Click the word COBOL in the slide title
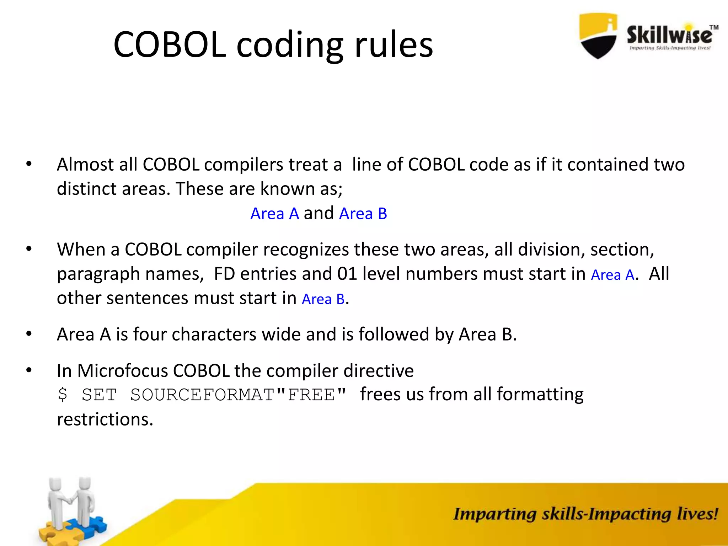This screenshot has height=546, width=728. tap(170, 45)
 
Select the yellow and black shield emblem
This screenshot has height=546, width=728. tap(598, 36)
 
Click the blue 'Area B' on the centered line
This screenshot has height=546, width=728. tap(363, 214)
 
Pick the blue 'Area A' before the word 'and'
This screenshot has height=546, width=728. tap(274, 214)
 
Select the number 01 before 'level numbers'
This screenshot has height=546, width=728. tap(347, 274)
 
